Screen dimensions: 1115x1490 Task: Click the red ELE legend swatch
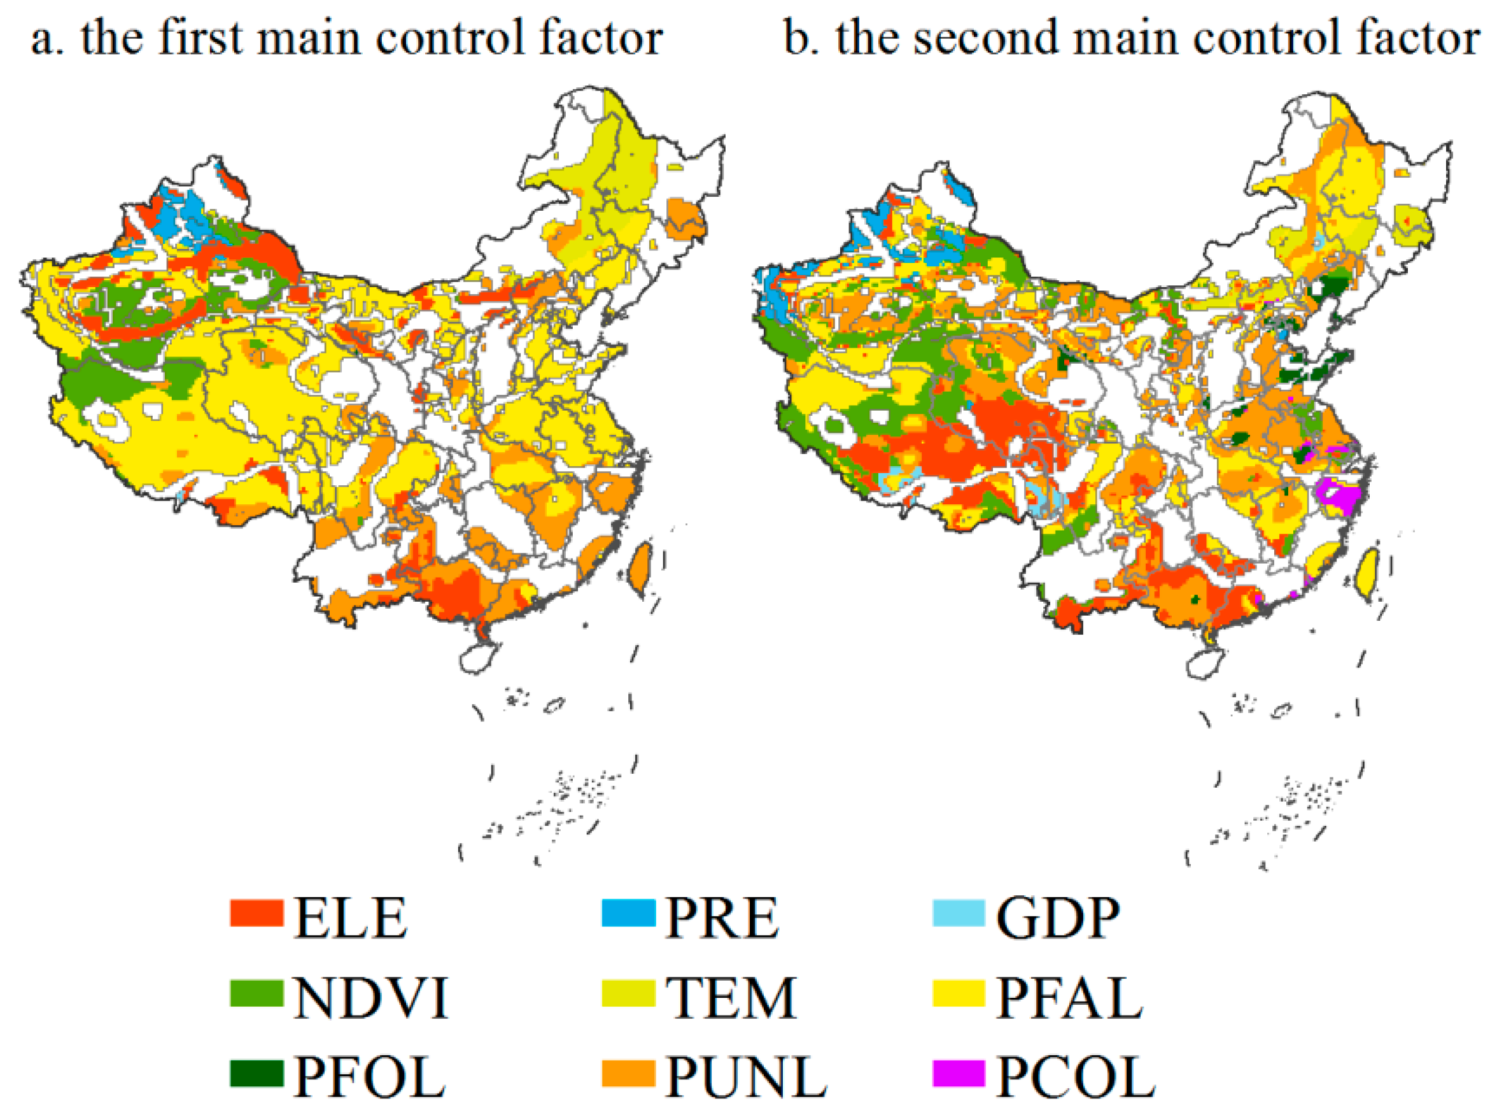tap(256, 913)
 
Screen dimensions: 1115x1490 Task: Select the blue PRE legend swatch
tap(628, 913)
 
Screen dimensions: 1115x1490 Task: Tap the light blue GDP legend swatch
tap(959, 913)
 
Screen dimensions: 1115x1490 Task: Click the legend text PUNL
tap(747, 1077)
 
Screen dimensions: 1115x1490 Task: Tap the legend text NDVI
tap(370, 997)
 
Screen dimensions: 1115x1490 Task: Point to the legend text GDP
tap(1058, 918)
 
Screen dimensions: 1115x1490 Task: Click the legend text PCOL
tap(1076, 1077)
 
